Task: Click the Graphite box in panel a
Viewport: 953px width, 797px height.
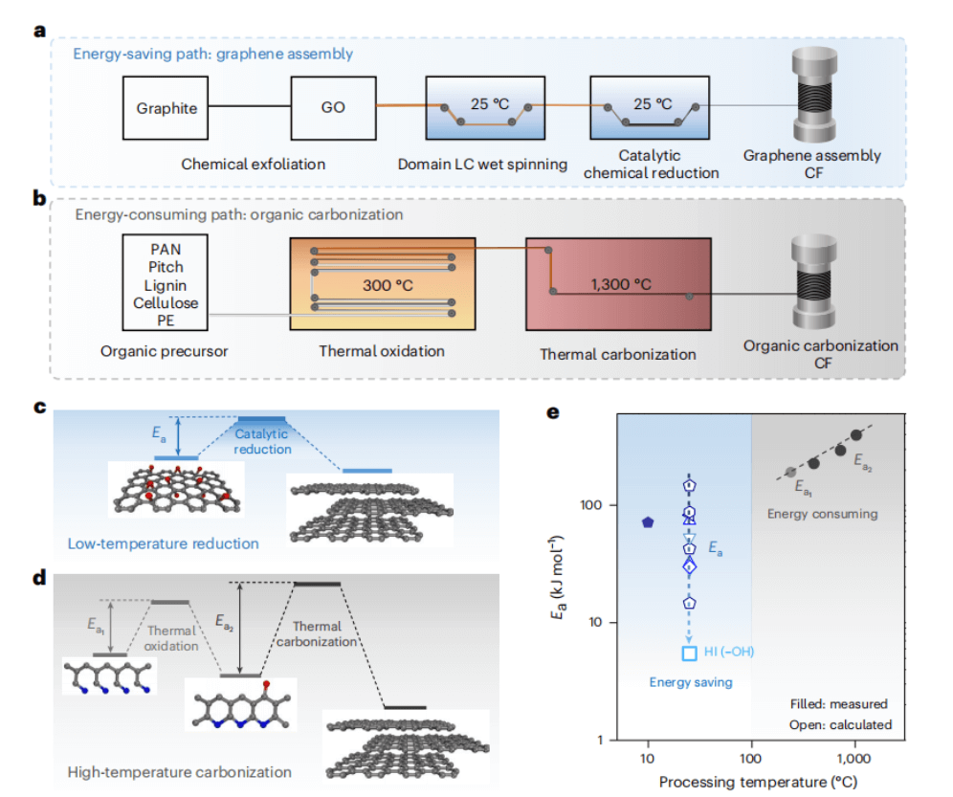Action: (x=166, y=107)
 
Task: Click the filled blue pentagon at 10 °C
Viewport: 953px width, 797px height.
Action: (x=648, y=522)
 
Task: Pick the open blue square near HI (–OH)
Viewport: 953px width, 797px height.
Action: (x=688, y=653)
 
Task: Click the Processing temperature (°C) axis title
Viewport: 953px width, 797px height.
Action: (x=752, y=782)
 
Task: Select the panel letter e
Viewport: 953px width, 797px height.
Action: (x=551, y=412)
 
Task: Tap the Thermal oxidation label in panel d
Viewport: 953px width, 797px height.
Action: (x=172, y=638)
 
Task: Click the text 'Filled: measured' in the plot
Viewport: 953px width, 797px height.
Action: (x=839, y=703)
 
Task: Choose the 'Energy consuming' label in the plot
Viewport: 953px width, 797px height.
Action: (x=822, y=514)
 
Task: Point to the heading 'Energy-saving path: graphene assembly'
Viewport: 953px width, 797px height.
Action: (x=212, y=54)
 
